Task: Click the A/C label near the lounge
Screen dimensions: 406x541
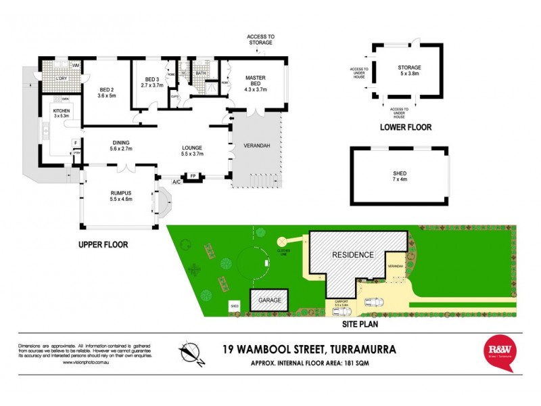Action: (176, 182)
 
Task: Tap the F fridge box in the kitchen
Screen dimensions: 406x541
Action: (74, 143)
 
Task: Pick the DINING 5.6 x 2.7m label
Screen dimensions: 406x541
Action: (120, 145)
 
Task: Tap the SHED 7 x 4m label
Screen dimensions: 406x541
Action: (400, 176)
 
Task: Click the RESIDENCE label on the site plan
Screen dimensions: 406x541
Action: (352, 255)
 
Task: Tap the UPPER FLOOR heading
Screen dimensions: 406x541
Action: (102, 244)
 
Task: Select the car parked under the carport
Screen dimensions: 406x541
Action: (373, 302)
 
